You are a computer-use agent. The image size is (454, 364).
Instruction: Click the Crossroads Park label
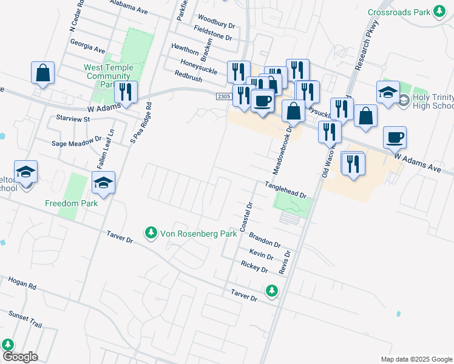click(399, 12)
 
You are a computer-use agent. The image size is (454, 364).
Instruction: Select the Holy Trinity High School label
click(433, 101)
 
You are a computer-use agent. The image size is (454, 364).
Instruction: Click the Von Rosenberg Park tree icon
click(151, 232)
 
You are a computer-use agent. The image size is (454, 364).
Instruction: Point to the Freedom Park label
click(71, 203)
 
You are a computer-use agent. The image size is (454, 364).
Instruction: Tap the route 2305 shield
click(223, 96)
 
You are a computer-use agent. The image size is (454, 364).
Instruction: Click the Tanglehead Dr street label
click(285, 188)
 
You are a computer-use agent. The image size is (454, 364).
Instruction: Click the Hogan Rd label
click(22, 283)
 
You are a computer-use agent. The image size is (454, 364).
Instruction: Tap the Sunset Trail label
click(25, 319)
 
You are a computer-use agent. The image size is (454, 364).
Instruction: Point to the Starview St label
click(72, 119)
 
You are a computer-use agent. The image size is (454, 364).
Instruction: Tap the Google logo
click(19, 357)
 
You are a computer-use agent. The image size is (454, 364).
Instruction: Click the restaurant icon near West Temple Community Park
click(126, 92)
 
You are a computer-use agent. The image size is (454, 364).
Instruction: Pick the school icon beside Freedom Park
click(103, 182)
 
